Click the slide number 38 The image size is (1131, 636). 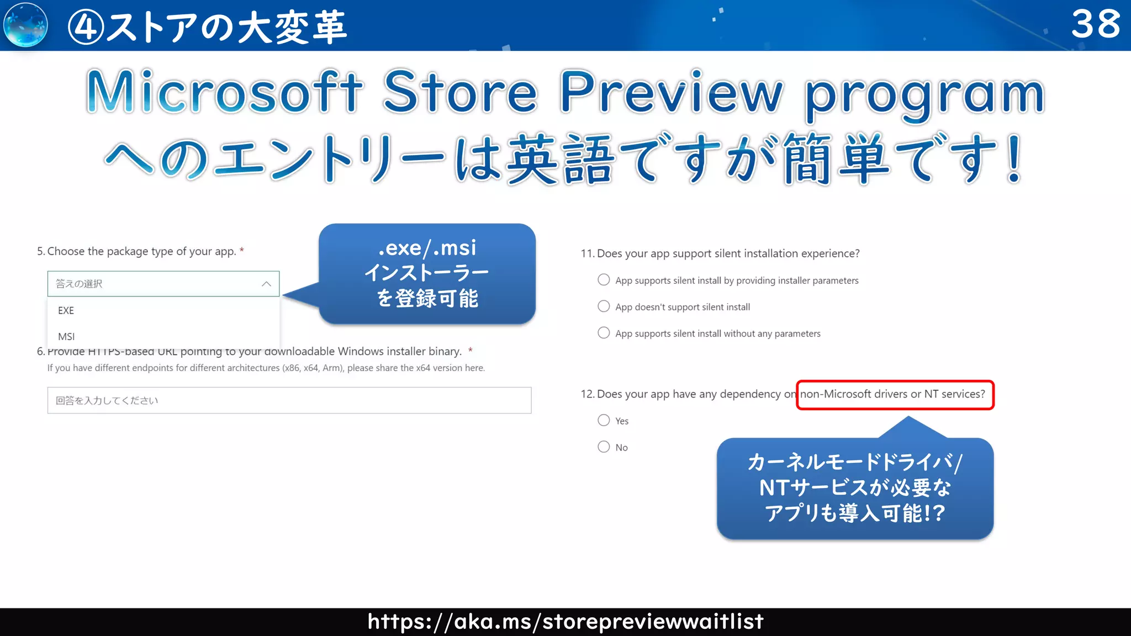pyautogui.click(x=1096, y=24)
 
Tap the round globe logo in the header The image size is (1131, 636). pyautogui.click(x=25, y=25)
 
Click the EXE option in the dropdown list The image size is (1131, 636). pyautogui.click(x=66, y=310)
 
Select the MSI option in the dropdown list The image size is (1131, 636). pyautogui.click(x=66, y=336)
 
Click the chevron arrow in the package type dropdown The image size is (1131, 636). pyautogui.click(x=266, y=284)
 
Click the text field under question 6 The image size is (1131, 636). pyautogui.click(x=289, y=400)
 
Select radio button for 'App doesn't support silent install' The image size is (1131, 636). pyautogui.click(x=604, y=306)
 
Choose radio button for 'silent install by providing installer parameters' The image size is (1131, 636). pyautogui.click(x=604, y=280)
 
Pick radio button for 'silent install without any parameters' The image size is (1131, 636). pyautogui.click(x=604, y=333)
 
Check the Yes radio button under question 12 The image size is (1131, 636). pyautogui.click(x=604, y=421)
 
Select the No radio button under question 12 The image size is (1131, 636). pyautogui.click(x=604, y=447)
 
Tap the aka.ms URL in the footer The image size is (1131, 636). pyautogui.click(x=565, y=622)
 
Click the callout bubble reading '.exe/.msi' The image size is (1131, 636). pyautogui.click(x=427, y=273)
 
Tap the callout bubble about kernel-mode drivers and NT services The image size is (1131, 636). pyautogui.click(x=855, y=488)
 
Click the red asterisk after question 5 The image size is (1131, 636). pyautogui.click(x=242, y=250)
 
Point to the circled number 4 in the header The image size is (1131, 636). pyautogui.click(x=86, y=27)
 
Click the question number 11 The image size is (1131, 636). pyautogui.click(x=587, y=253)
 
